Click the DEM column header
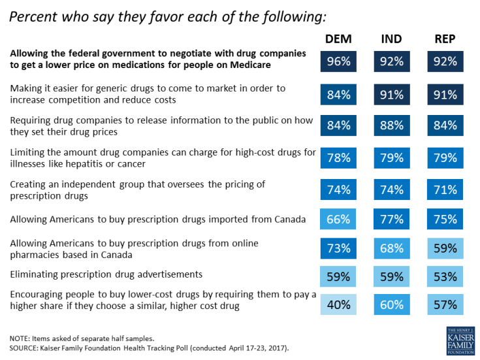point(338,41)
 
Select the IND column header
point(391,41)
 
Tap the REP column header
point(445,41)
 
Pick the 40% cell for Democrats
point(338,304)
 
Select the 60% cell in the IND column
point(391,304)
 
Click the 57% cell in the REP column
point(445,304)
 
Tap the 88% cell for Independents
point(391,125)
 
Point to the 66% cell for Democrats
point(338,220)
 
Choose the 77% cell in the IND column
point(391,220)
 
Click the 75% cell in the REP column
point(445,220)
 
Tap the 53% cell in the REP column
point(445,275)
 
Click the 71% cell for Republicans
point(445,190)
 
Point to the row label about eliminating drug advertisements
point(106,274)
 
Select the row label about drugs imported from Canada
point(158,220)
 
